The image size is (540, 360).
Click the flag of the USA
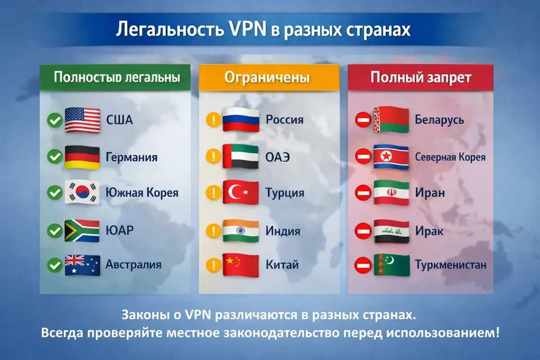[x=82, y=120]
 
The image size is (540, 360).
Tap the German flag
[x=82, y=157]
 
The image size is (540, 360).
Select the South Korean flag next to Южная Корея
[x=82, y=193]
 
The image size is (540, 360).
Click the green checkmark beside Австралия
[x=54, y=265]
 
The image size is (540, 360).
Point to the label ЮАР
[x=119, y=230]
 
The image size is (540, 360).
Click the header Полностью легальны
[x=116, y=78]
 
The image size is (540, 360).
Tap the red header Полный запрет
[x=421, y=78]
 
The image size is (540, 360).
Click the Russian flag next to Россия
[x=241, y=120]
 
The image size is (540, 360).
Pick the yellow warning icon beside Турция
[x=214, y=193]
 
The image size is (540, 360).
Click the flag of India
[x=241, y=230]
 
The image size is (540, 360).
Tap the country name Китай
[x=282, y=265]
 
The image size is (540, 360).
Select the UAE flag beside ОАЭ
[x=241, y=157]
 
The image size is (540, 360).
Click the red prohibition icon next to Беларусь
[x=363, y=120]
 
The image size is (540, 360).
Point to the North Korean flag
[x=391, y=157]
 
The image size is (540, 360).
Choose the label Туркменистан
[x=450, y=265]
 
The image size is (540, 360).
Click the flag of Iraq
[x=391, y=230]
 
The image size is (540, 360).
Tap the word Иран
[x=430, y=193]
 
